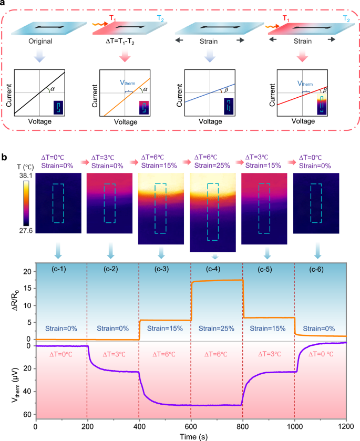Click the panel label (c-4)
click(x=215, y=271)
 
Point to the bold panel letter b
click(x=5, y=156)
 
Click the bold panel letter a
click(x=5, y=5)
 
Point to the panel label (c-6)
click(x=318, y=271)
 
